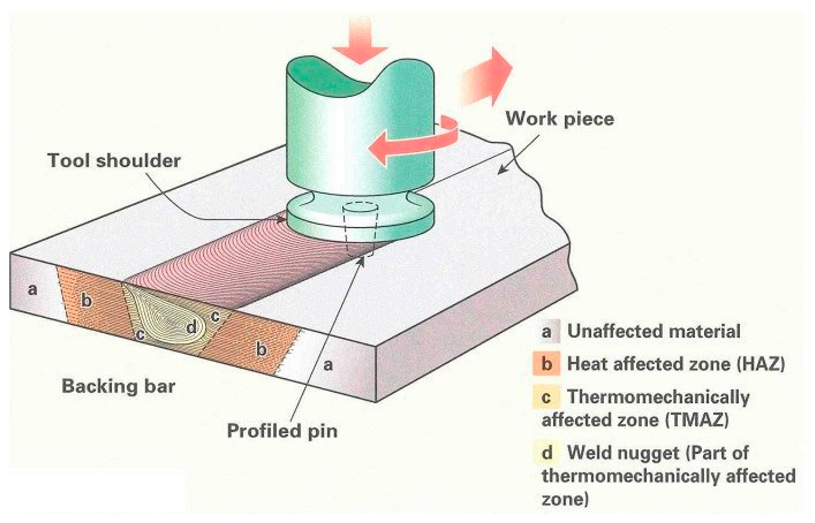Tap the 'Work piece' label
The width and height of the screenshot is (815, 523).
pyautogui.click(x=559, y=119)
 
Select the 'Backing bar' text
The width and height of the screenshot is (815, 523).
pyautogui.click(x=118, y=386)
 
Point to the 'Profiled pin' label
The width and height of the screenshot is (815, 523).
pyautogui.click(x=282, y=431)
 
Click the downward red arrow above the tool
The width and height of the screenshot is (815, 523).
pyautogui.click(x=360, y=42)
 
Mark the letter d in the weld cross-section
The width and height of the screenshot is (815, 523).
pyautogui.click(x=191, y=327)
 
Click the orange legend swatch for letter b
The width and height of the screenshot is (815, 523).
pyautogui.click(x=546, y=364)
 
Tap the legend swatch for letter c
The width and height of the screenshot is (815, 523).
pyautogui.click(x=546, y=397)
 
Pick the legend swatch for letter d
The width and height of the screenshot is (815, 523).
pyautogui.click(x=546, y=452)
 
